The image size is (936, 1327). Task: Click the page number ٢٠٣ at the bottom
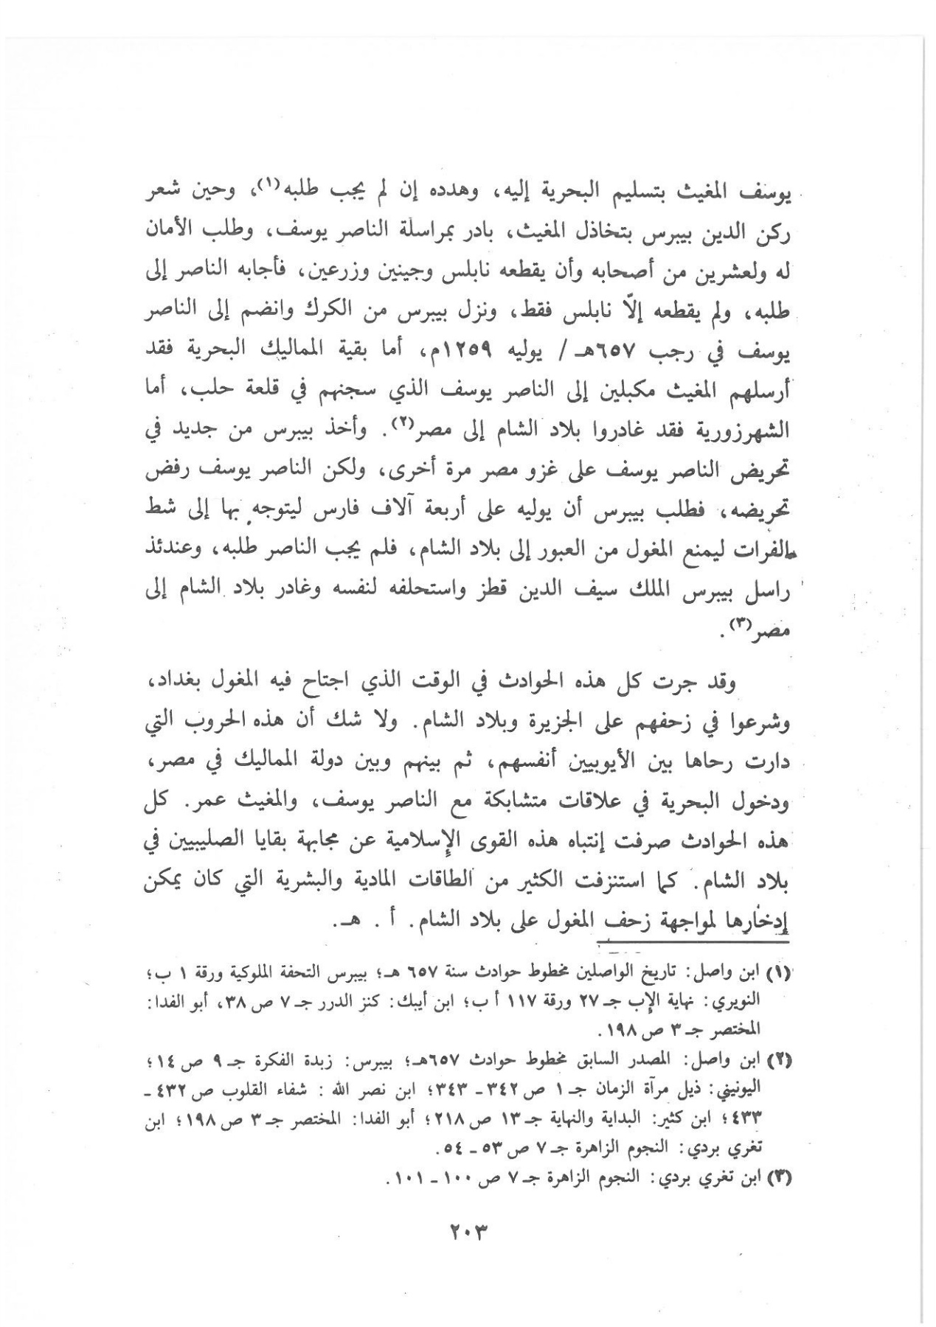(468, 1227)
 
